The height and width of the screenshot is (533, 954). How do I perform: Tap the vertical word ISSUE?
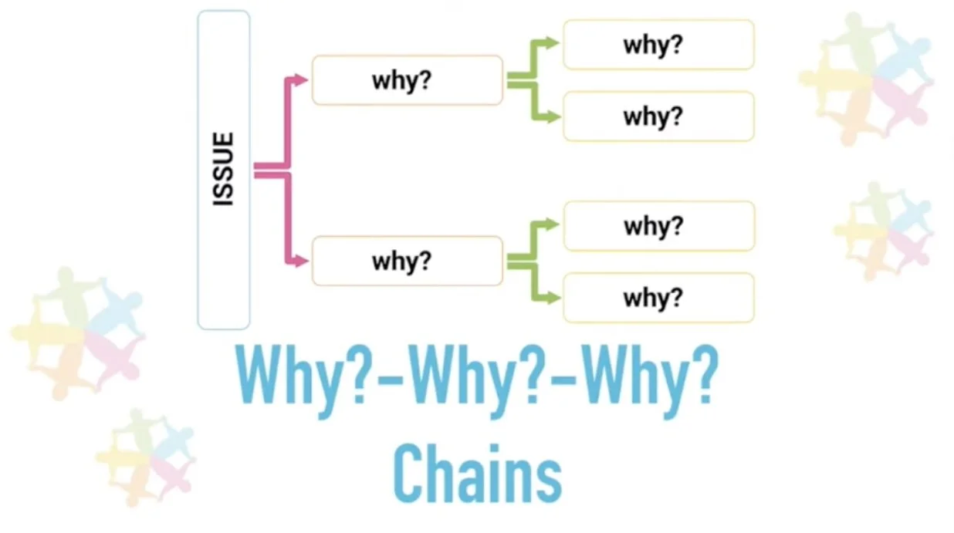point(223,170)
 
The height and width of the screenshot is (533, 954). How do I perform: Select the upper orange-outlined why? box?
point(407,80)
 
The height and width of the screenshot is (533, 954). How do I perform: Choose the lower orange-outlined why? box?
point(407,261)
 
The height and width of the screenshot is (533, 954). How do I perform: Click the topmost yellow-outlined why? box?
point(658,45)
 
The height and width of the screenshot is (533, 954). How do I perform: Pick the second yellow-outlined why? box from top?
point(658,116)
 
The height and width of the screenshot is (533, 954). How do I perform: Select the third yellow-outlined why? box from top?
point(658,226)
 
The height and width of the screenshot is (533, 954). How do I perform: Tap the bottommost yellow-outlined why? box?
point(658,297)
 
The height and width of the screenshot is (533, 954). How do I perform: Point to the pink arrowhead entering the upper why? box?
point(302,79)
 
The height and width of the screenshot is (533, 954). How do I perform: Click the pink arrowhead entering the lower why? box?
point(302,261)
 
